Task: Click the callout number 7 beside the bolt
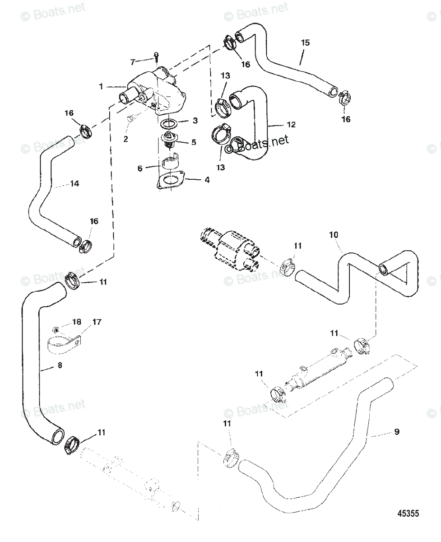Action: pyautogui.click(x=133, y=62)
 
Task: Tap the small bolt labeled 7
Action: pyautogui.click(x=156, y=56)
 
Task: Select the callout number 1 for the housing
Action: pyautogui.click(x=101, y=87)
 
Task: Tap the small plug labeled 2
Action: pyautogui.click(x=131, y=118)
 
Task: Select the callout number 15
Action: pyautogui.click(x=305, y=42)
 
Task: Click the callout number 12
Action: pyautogui.click(x=291, y=124)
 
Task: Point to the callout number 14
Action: pyautogui.click(x=74, y=183)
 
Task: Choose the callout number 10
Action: pyautogui.click(x=334, y=234)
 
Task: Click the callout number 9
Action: pyautogui.click(x=397, y=431)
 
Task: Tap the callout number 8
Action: pyautogui.click(x=60, y=365)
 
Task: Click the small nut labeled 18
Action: pyautogui.click(x=56, y=330)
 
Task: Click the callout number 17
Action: pyautogui.click(x=97, y=322)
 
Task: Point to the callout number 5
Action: pyautogui.click(x=194, y=142)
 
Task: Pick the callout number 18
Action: pyautogui.click(x=77, y=322)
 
